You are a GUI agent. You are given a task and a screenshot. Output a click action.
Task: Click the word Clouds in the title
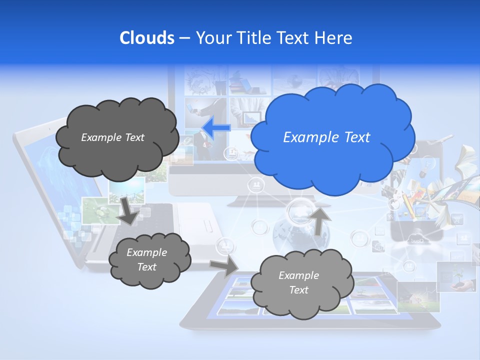coord(146,38)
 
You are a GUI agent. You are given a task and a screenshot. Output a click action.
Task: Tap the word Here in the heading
coord(335,38)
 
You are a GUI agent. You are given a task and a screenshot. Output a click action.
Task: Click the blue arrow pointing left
coord(216,128)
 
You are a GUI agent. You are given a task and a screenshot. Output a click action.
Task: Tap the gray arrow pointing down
coord(128,210)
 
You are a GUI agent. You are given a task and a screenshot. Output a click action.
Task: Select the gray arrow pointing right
coord(223,266)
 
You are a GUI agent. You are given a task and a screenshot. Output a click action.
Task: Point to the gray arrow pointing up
coord(319,220)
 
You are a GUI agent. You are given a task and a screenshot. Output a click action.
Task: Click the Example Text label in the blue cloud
coord(326,137)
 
